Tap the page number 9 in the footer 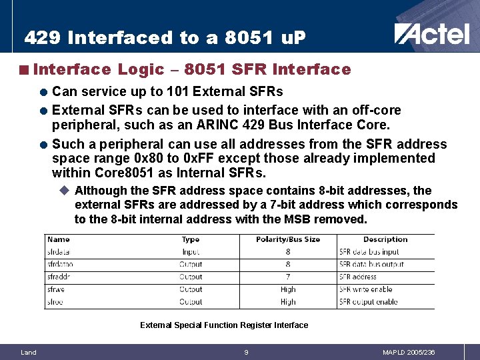[x=246, y=352]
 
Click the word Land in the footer [x=29, y=352]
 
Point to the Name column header [x=59, y=239]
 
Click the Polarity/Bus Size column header [x=287, y=239]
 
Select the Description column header [x=385, y=239]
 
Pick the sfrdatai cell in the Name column [x=59, y=252]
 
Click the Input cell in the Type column [x=191, y=252]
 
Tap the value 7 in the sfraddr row [x=288, y=277]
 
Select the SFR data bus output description [x=371, y=265]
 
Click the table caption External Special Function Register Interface [x=224, y=325]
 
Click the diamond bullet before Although [x=64, y=190]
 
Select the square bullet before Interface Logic [x=23, y=69]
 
